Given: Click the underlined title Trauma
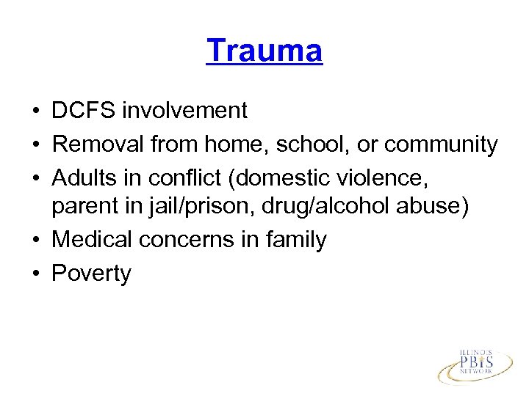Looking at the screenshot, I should point(264,51).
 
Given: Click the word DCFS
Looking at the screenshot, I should point(84,111).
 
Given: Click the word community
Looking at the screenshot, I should point(440,144).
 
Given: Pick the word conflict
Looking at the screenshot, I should point(186,177).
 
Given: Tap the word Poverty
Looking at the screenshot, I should point(91,274).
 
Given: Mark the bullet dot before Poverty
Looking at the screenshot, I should point(35,274).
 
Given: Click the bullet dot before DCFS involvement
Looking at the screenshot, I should point(35,111).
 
